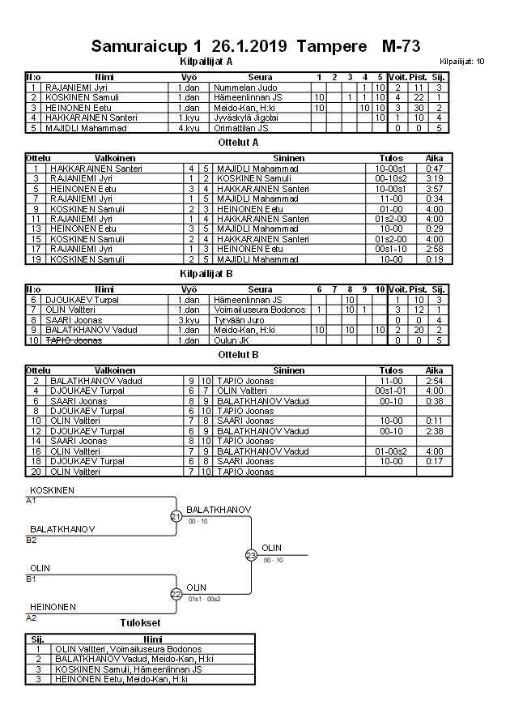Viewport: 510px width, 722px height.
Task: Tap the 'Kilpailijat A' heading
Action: (x=206, y=61)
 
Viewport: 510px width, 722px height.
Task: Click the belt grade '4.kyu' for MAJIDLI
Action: (x=189, y=127)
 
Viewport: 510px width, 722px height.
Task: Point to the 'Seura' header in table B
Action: (x=260, y=289)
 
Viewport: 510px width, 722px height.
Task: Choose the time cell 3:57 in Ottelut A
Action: (x=434, y=189)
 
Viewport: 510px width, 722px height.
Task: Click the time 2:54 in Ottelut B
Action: (x=434, y=380)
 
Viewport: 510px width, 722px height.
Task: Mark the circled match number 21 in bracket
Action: (x=176, y=516)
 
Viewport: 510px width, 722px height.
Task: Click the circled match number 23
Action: (x=251, y=555)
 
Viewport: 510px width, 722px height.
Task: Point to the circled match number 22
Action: (x=176, y=594)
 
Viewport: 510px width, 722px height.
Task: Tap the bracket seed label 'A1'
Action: (x=32, y=501)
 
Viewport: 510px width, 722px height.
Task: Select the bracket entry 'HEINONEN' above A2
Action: (x=53, y=606)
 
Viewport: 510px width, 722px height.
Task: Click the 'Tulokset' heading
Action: (x=140, y=622)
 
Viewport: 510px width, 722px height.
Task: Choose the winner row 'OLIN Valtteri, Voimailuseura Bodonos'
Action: (x=128, y=649)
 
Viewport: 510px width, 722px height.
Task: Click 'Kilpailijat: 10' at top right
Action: (x=462, y=62)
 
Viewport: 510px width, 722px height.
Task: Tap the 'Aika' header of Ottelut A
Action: (x=434, y=158)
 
